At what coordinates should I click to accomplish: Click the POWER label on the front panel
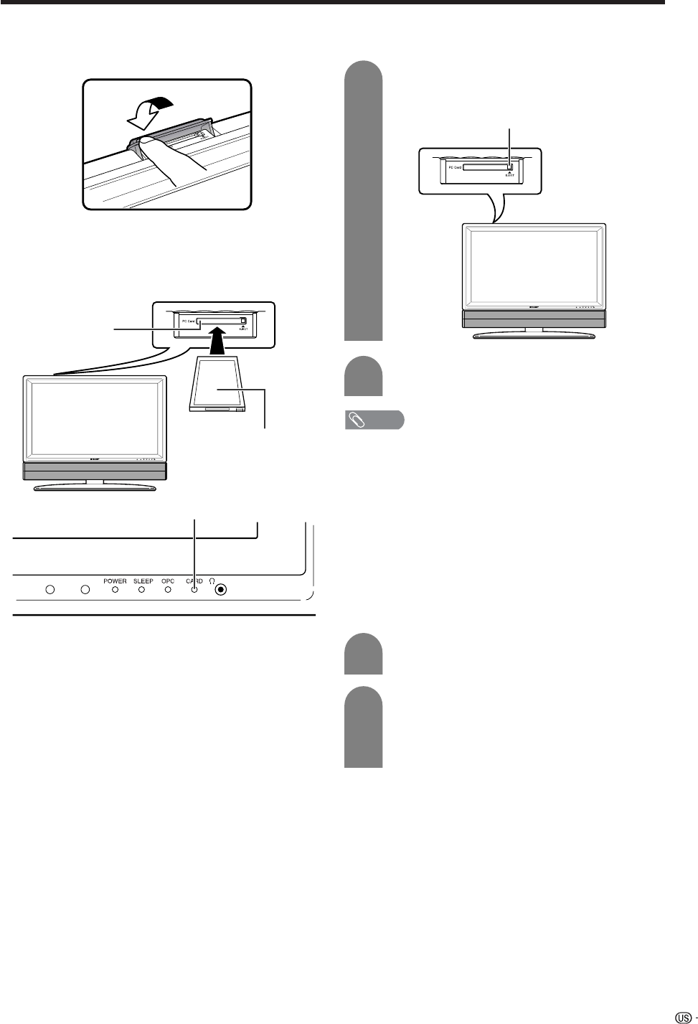[115, 581]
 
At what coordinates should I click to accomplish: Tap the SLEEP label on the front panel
[143, 581]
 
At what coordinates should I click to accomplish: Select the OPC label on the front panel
[168, 581]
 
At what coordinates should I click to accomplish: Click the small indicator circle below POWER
[115, 590]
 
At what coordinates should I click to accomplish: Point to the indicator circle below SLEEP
[142, 590]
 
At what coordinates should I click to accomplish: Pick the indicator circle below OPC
[168, 590]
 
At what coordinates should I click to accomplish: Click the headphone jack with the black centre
[221, 590]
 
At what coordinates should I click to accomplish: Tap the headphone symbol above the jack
[212, 581]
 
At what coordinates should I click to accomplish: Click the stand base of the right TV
[535, 333]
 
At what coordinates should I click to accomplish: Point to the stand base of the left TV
[94, 486]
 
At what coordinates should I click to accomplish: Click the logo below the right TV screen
[534, 306]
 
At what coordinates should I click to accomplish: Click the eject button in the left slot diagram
[243, 320]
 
